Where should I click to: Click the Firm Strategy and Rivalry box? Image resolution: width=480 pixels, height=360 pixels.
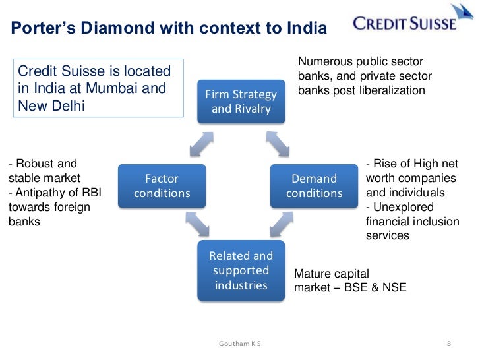(241, 102)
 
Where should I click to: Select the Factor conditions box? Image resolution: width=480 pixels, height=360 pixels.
(162, 186)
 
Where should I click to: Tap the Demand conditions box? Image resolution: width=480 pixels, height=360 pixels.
(315, 186)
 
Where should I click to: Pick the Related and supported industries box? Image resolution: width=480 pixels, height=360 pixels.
(241, 270)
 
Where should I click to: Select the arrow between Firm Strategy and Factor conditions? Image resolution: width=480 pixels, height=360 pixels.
(200, 142)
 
